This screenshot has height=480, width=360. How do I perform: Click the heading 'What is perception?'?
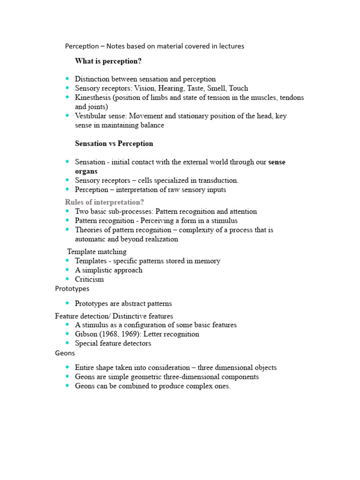[x=108, y=61]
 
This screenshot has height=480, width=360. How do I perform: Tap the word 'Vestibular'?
[x=92, y=116]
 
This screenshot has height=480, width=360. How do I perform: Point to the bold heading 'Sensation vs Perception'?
[x=114, y=143]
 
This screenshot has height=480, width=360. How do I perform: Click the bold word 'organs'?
[x=86, y=171]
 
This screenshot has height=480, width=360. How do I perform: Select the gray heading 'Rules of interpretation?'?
[x=105, y=202]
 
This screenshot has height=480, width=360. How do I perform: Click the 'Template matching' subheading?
[x=97, y=252]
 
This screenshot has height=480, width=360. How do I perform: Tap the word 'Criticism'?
[x=89, y=279]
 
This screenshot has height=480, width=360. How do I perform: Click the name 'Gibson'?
[x=86, y=334]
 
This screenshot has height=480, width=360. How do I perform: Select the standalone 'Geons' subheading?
[x=65, y=353]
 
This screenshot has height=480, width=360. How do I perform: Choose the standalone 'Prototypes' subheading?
[x=72, y=289]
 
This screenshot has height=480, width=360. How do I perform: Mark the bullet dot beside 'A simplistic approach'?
[x=68, y=270]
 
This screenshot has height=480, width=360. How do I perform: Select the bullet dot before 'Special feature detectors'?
[x=68, y=343]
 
